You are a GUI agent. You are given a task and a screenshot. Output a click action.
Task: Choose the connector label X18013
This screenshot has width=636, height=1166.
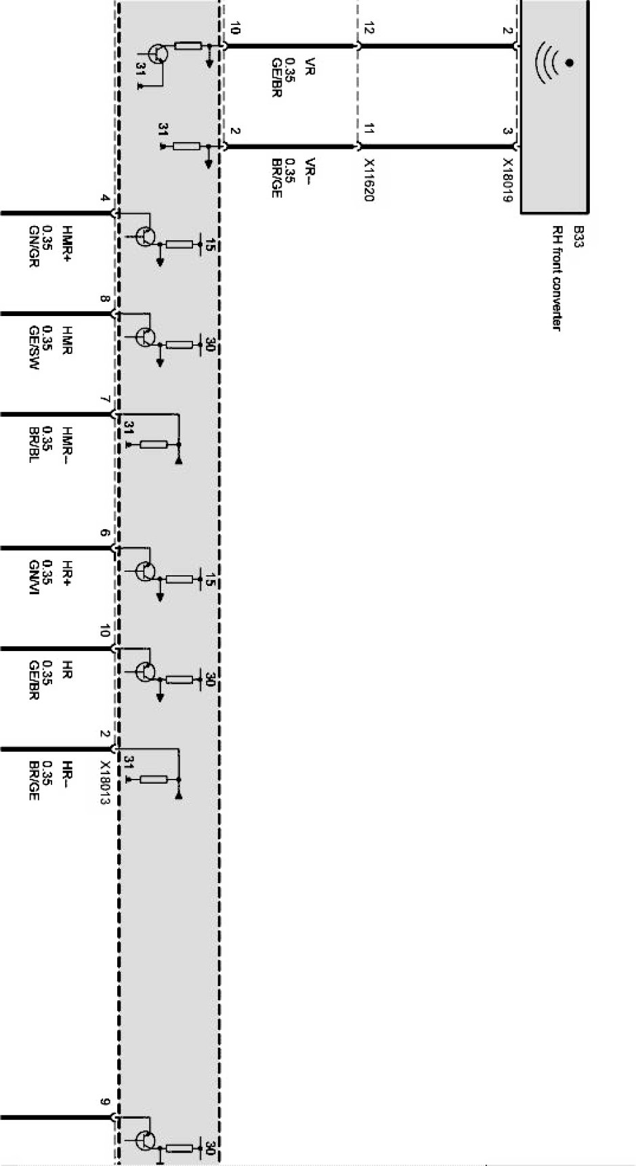tap(105, 782)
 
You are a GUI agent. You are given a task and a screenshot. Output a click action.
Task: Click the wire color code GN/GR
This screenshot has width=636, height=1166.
tap(33, 246)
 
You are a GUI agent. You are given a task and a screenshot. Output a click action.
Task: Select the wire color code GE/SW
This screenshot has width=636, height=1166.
tap(33, 347)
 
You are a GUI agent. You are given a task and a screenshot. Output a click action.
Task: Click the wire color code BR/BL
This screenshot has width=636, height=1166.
tap(33, 445)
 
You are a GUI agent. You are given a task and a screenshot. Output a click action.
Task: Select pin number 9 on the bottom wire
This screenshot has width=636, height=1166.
tap(105, 1102)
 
